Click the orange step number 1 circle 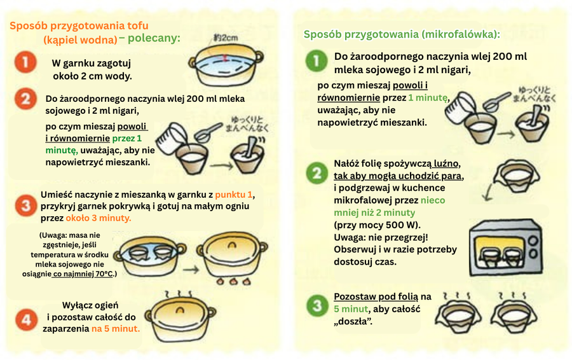click(24, 63)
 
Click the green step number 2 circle click(316, 172)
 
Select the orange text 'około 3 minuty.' click(99, 218)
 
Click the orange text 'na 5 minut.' click(115, 329)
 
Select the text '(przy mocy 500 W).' click(377, 225)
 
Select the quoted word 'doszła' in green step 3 click(353, 321)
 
